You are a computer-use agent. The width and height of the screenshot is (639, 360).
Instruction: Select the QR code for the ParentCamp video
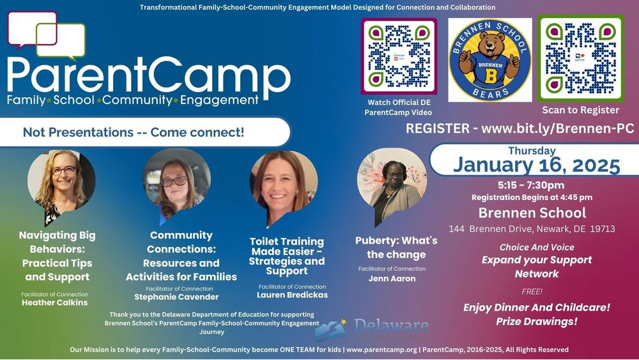click(x=399, y=56)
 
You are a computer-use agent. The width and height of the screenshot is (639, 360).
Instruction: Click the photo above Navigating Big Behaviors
click(x=61, y=181)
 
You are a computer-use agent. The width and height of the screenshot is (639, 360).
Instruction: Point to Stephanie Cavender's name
click(x=176, y=297)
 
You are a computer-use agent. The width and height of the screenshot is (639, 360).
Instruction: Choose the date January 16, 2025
click(x=537, y=164)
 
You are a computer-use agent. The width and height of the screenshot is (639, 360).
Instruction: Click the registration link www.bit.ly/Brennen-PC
click(x=557, y=128)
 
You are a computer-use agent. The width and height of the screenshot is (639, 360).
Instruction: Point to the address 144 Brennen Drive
click(x=532, y=228)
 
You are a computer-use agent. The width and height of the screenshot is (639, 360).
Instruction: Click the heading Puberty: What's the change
click(x=396, y=247)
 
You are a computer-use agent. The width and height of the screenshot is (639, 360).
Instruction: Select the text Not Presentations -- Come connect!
click(x=134, y=132)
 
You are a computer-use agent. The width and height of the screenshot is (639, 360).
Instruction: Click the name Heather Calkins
click(x=55, y=302)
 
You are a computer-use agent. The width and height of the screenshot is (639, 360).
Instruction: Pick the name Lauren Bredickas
click(x=291, y=295)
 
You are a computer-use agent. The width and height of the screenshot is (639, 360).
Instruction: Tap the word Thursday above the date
click(x=532, y=151)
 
